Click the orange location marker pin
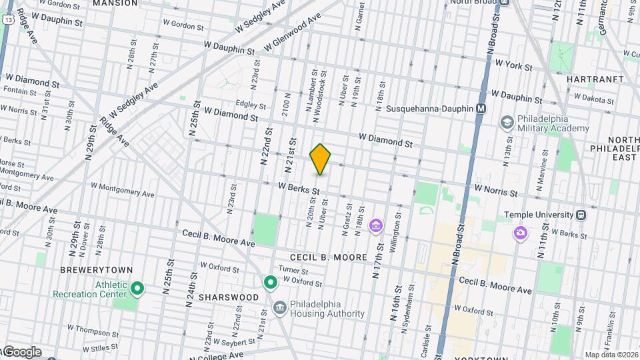[x=321, y=159]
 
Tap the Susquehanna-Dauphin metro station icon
[x=481, y=109]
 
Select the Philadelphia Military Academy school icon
[x=507, y=122]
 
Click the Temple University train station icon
[x=581, y=215]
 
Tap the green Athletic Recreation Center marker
[x=137, y=288]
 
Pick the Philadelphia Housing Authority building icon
[x=280, y=307]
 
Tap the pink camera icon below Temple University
[x=519, y=233]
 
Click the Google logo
[x=21, y=352]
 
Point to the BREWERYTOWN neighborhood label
[x=89, y=270]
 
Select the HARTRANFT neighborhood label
[x=595, y=79]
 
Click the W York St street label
[x=513, y=66]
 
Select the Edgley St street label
[x=251, y=105]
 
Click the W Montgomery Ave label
[x=122, y=191]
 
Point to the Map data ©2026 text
[x=611, y=355]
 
